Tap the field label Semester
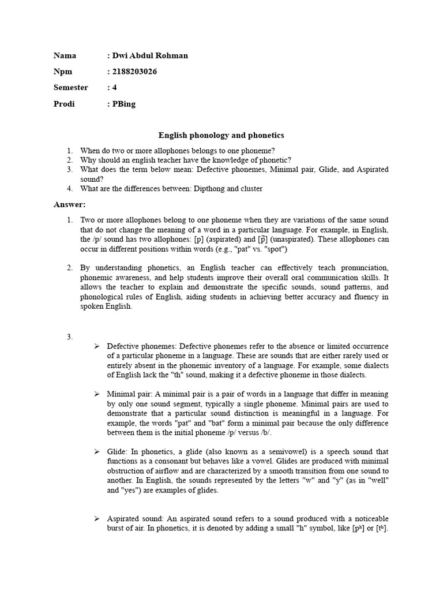(x=71, y=88)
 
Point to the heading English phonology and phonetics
(x=221, y=136)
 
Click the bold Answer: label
(x=69, y=204)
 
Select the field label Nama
(x=65, y=55)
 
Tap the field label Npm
(x=63, y=72)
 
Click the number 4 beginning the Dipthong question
(x=69, y=188)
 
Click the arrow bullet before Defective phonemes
(x=97, y=346)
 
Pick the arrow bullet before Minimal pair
(x=97, y=394)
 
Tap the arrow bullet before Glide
(x=97, y=451)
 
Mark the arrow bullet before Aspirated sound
(x=97, y=519)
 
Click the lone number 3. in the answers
(x=69, y=336)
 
